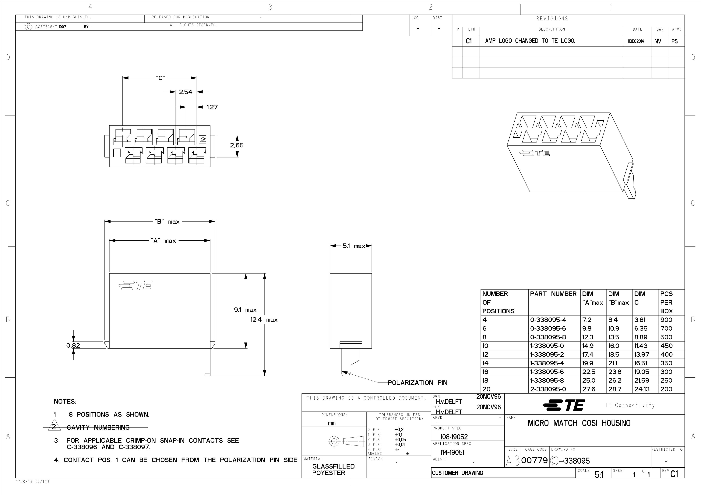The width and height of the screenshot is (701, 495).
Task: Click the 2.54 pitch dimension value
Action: point(186,92)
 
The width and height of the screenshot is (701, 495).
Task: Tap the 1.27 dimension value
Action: point(212,107)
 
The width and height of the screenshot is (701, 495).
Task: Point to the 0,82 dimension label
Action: point(73,345)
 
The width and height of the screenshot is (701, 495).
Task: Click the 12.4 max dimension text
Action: point(264,320)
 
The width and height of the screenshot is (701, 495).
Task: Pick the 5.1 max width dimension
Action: point(354,246)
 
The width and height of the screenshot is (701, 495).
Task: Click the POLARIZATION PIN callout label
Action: point(417,383)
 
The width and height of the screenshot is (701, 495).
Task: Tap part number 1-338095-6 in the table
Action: point(547,372)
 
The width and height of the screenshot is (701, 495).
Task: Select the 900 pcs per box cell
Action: point(666,320)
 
